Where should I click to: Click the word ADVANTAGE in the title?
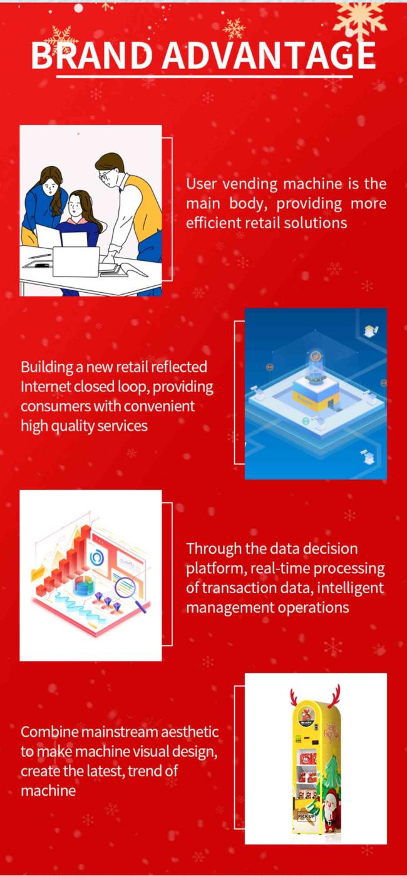[x=269, y=55]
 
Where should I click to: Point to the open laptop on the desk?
[x=76, y=261]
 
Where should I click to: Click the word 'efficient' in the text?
[x=214, y=223]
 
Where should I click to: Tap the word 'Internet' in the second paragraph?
[x=45, y=386]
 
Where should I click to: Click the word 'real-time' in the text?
[x=280, y=568]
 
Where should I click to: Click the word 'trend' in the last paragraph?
[x=145, y=771]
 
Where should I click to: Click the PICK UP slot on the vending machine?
[x=306, y=816]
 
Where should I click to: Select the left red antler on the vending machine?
[x=294, y=698]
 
